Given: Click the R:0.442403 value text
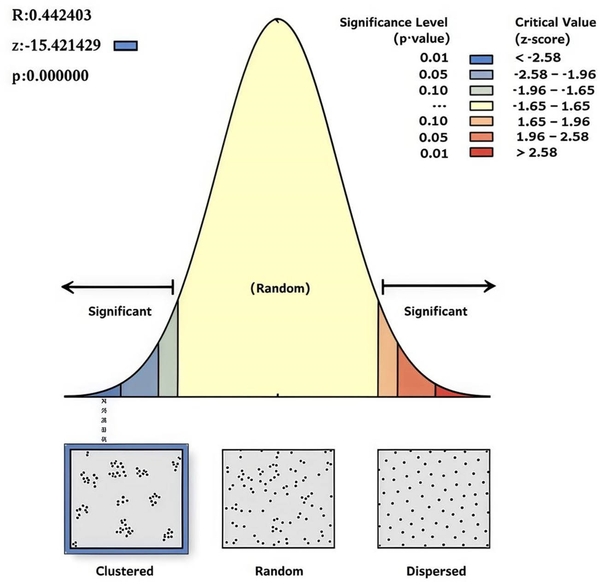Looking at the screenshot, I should [x=52, y=15].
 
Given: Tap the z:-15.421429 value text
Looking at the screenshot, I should [x=56, y=45].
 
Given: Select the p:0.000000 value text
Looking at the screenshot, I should [x=50, y=76].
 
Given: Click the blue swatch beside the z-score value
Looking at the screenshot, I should [x=125, y=46].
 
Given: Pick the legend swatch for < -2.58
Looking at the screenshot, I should [x=481, y=59].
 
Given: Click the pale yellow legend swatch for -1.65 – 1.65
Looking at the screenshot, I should [x=481, y=106].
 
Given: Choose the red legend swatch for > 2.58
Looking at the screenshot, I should [x=481, y=153].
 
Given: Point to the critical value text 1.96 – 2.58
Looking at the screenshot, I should [x=552, y=137].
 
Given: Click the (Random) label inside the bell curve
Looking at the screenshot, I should [x=280, y=288].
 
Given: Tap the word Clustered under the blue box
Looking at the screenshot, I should [x=124, y=571].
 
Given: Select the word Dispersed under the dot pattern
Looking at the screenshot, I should [x=436, y=571].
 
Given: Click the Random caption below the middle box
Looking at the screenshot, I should [x=279, y=571].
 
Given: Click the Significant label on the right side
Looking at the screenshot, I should [x=435, y=312].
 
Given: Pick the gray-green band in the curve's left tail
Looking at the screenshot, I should [x=168, y=364].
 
